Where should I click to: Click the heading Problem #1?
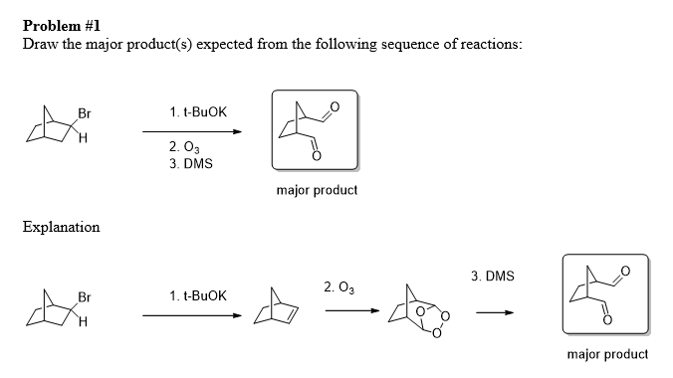click(x=62, y=26)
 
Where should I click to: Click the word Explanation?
click(x=61, y=227)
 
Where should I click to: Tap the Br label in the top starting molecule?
click(x=85, y=113)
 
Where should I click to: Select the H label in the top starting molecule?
click(x=83, y=137)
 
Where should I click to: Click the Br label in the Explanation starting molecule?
click(x=85, y=296)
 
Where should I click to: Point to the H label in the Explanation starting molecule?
click(x=83, y=321)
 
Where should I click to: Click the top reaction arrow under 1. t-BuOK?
click(x=192, y=131)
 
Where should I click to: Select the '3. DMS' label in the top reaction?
click(x=191, y=163)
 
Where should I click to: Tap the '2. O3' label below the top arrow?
click(x=184, y=147)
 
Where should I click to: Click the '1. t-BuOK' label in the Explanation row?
click(x=198, y=295)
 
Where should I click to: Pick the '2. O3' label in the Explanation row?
click(x=339, y=287)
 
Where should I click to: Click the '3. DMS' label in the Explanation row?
click(x=492, y=276)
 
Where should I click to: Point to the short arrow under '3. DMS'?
click(x=495, y=312)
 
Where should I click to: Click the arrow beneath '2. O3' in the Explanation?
click(x=352, y=310)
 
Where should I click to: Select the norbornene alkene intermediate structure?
click(x=276, y=306)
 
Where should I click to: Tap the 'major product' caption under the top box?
click(x=317, y=190)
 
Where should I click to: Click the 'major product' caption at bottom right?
click(x=607, y=354)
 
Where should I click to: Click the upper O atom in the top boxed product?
click(x=335, y=106)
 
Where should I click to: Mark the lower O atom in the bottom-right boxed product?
click(x=607, y=320)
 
